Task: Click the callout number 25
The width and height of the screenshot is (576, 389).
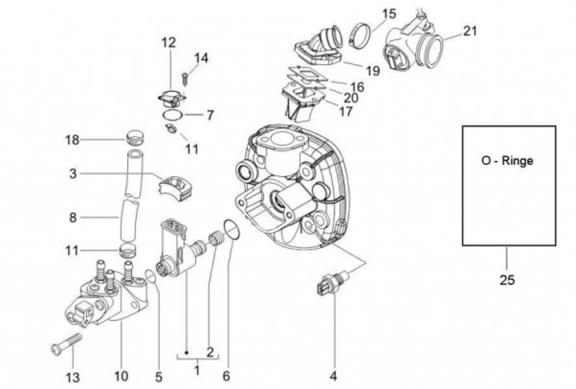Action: pos(507,280)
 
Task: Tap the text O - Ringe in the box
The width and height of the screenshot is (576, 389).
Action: pos(507,161)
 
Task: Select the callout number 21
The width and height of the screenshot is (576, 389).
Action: pos(470,31)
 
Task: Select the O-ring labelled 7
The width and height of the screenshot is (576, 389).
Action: pos(173,114)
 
